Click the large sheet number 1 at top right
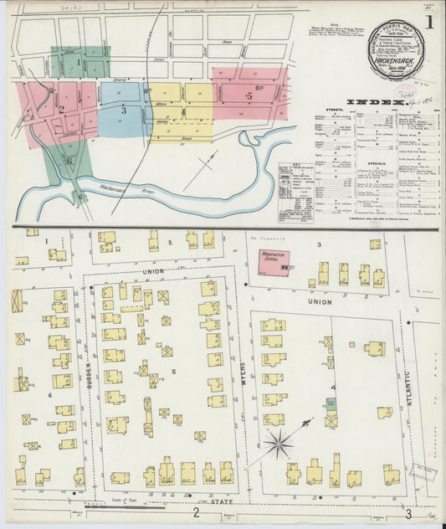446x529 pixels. tap(428, 22)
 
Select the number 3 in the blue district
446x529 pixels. tap(123, 110)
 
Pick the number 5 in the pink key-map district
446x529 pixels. tap(249, 95)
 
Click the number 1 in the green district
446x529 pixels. tap(79, 61)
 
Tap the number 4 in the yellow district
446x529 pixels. tap(182, 110)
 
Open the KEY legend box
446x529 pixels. tap(296, 192)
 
